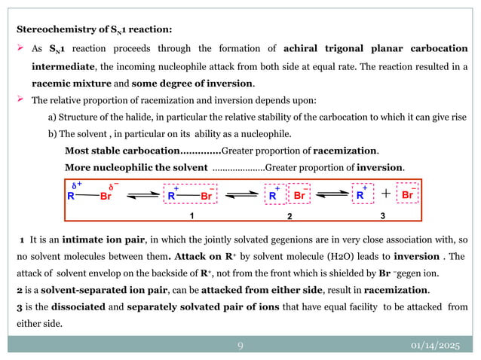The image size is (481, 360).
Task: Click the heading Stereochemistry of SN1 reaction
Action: click(94, 29)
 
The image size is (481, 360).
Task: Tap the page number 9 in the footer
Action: click(240, 346)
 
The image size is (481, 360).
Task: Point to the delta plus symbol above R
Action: click(75, 184)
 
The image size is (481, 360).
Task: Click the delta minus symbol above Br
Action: click(114, 185)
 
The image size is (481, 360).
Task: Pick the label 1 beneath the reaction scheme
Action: click(192, 215)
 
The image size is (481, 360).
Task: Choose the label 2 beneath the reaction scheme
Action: click(289, 215)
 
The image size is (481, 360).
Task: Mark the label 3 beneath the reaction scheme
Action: click(382, 215)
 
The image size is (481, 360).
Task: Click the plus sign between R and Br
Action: click(385, 194)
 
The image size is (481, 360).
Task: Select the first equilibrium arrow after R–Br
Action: click(142, 195)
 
